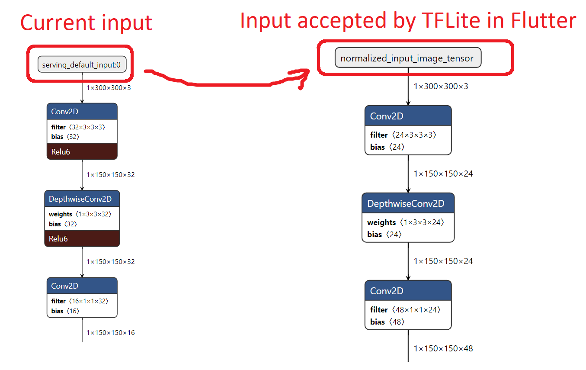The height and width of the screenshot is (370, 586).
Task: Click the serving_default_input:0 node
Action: point(82,64)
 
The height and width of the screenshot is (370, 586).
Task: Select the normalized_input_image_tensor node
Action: point(407,58)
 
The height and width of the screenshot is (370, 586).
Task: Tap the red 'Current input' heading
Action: point(86,23)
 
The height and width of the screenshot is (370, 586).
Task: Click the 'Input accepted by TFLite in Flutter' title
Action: point(408,20)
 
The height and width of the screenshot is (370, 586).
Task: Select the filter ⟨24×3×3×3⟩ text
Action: point(403,135)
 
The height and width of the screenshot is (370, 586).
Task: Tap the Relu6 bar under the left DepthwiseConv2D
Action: point(82,238)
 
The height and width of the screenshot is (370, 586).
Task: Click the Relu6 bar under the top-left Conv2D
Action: point(82,151)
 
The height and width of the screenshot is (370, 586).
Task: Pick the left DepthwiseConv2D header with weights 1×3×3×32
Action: point(82,199)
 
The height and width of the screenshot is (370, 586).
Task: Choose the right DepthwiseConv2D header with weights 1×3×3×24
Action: point(408,203)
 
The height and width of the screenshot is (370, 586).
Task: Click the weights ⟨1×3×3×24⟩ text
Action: point(406,222)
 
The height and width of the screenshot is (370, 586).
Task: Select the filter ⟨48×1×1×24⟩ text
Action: point(405,310)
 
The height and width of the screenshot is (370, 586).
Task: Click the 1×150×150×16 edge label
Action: point(110,332)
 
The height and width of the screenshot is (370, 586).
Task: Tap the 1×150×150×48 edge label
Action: point(443,348)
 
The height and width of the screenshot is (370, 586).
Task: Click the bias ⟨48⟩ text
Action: point(387,322)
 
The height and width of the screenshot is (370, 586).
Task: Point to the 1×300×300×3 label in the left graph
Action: point(108,87)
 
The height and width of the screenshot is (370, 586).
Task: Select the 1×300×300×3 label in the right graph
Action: point(441,86)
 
